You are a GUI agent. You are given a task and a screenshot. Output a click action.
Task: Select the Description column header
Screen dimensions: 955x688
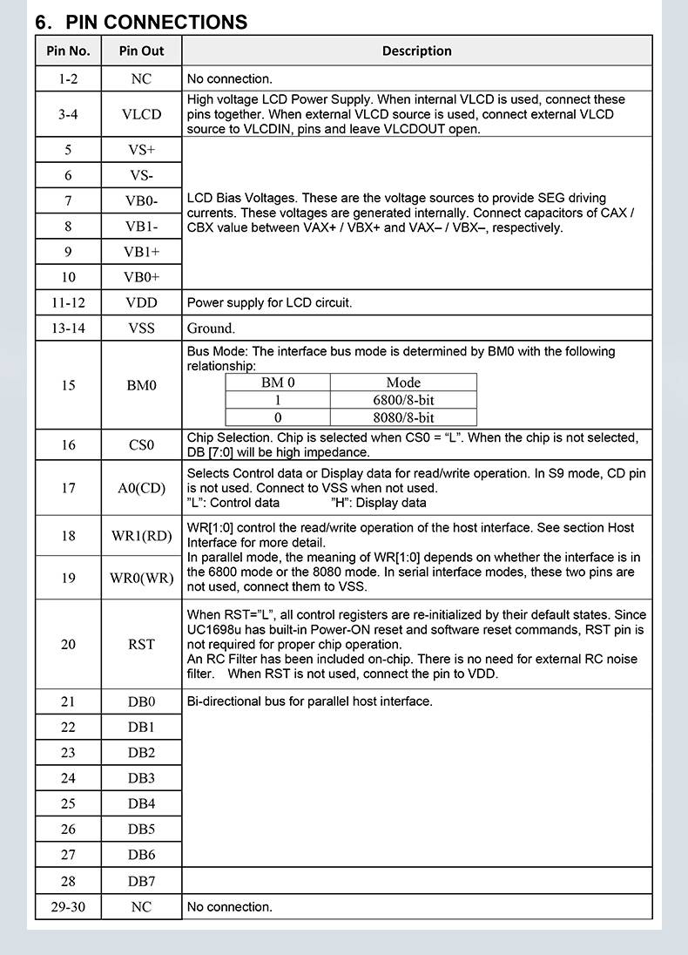click(x=416, y=51)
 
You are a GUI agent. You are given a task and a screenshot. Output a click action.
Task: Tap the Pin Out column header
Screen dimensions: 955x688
click(x=141, y=51)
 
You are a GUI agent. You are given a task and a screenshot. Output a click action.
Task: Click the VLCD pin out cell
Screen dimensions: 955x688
click(x=141, y=114)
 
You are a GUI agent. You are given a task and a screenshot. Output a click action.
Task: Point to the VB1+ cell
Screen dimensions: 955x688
click(x=141, y=252)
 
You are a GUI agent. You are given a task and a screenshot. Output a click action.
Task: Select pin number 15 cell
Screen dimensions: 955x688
click(x=68, y=385)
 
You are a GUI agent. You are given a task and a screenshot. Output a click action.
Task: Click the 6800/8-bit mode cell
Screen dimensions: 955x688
click(x=403, y=400)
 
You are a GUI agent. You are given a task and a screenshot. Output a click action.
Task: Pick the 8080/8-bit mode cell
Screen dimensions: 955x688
click(x=403, y=417)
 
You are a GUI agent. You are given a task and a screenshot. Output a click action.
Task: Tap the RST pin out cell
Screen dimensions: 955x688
click(x=141, y=644)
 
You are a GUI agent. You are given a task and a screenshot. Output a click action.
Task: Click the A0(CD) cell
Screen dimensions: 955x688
click(x=141, y=488)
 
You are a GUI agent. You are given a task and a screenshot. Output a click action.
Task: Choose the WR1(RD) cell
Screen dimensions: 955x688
click(x=141, y=536)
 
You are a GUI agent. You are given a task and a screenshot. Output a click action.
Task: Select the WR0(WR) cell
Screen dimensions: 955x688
click(x=141, y=578)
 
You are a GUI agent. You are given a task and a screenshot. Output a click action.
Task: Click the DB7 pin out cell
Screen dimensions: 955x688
click(x=141, y=881)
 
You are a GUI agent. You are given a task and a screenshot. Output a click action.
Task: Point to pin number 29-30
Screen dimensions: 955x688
click(x=68, y=907)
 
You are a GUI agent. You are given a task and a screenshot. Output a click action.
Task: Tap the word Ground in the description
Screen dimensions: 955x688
click(x=211, y=328)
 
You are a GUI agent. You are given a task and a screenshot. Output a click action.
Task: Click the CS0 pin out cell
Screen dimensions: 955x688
click(x=141, y=445)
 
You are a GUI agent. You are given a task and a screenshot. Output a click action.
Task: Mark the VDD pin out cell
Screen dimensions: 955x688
click(x=141, y=303)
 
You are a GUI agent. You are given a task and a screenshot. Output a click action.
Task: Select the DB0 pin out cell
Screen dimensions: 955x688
click(x=141, y=701)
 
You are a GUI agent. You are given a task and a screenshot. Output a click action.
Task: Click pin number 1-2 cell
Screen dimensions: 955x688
click(x=68, y=78)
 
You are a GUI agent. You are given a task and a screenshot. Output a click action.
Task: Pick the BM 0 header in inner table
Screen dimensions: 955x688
click(x=278, y=383)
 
